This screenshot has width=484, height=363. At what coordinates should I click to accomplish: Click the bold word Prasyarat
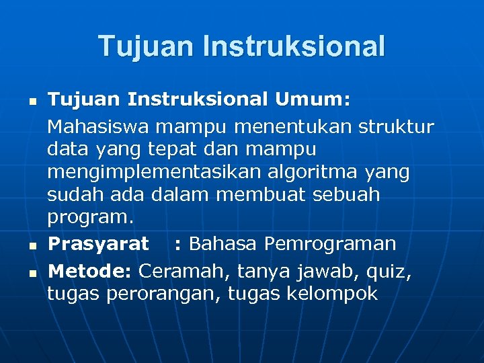(99, 243)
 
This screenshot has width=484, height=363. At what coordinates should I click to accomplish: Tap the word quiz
(388, 272)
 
